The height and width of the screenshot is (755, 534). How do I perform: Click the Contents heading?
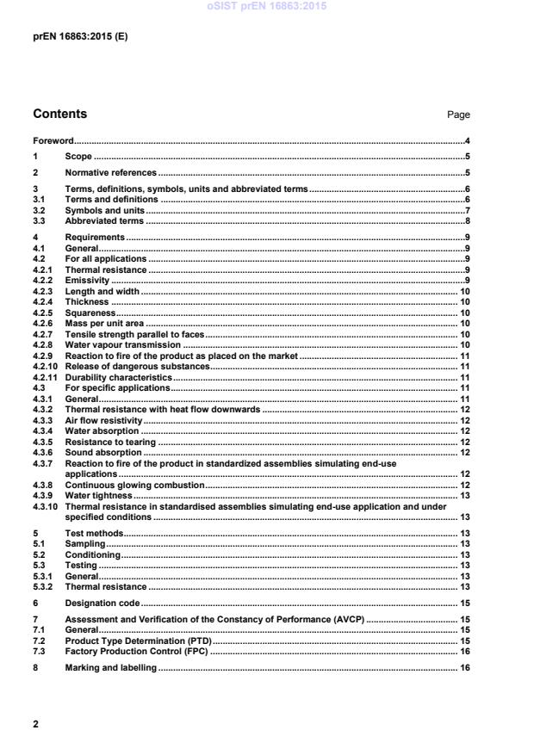pos(59,114)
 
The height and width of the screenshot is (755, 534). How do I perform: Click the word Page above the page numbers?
pos(458,114)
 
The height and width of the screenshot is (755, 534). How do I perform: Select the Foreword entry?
pos(53,140)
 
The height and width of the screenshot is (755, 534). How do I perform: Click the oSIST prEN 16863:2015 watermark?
pos(267,7)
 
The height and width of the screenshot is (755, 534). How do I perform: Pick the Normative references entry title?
pos(110,172)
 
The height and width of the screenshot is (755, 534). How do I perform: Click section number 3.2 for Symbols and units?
pos(39,210)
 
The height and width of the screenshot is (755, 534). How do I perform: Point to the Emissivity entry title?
pos(88,281)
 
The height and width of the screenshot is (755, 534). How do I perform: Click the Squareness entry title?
pos(90,313)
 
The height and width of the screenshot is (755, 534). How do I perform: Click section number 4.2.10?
pos(45,366)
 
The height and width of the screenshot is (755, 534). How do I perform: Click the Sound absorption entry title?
pos(103,452)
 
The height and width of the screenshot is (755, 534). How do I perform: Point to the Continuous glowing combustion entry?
pos(134,485)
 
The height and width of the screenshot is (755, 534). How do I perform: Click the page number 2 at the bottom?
pos(35,724)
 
